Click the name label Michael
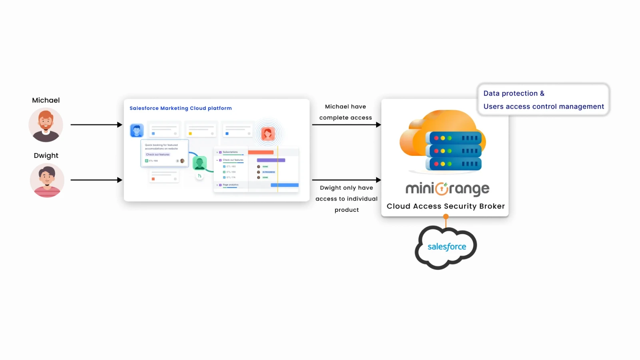click(46, 100)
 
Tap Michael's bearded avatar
click(46, 125)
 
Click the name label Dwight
click(46, 155)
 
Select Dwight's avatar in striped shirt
click(47, 180)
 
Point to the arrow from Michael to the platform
click(96, 125)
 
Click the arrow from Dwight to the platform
click(96, 180)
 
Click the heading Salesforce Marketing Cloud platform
click(181, 108)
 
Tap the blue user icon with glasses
click(137, 131)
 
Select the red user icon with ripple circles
click(268, 133)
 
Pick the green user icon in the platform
click(199, 163)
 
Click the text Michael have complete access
click(346, 112)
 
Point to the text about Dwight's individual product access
click(347, 199)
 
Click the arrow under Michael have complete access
click(346, 125)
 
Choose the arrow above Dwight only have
click(346, 180)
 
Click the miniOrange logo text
click(447, 189)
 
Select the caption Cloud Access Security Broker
click(446, 206)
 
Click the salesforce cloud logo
click(447, 247)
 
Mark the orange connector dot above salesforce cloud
click(446, 217)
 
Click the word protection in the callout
click(520, 93)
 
